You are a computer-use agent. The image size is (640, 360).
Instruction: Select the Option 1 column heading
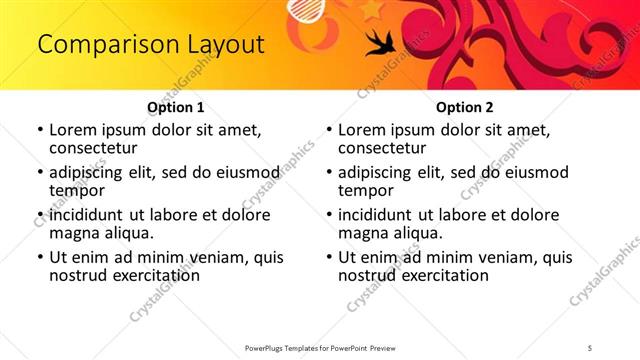[x=176, y=107]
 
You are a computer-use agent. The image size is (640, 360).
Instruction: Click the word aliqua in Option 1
[x=126, y=233]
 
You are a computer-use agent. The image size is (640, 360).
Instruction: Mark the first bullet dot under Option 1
[x=39, y=130]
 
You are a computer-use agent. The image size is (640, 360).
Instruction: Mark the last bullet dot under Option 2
[x=328, y=257]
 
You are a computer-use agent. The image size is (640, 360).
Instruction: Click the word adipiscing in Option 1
[x=91, y=172]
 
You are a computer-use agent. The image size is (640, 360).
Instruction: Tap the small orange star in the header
[x=372, y=9]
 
